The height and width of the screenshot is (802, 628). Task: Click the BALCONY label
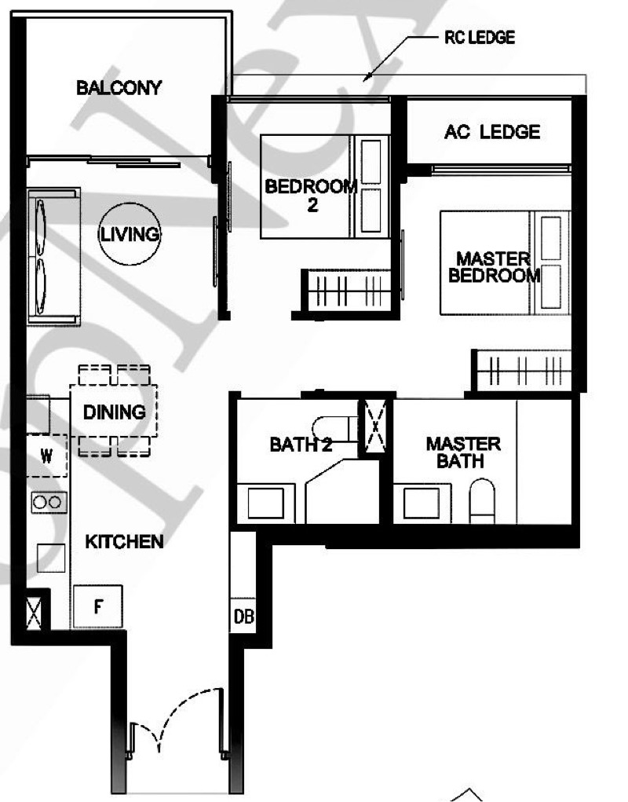point(119,87)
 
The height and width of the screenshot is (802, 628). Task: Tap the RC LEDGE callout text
point(480,38)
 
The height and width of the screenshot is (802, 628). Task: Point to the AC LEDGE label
point(492,132)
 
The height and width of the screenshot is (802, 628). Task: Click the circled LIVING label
point(130,234)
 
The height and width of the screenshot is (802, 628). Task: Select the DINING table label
point(114,412)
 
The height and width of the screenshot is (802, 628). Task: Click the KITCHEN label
point(124,542)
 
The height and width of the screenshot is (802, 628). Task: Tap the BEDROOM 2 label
point(311,196)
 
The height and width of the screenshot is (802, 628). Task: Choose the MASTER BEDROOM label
point(494,267)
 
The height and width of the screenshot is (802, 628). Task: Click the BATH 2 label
point(301,445)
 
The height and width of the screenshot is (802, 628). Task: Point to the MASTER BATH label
point(463,452)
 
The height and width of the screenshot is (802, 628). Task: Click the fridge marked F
point(98,606)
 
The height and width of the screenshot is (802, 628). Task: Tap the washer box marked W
point(46,456)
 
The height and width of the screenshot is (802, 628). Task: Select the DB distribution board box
point(243,616)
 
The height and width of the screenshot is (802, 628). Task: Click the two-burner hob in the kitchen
point(49,502)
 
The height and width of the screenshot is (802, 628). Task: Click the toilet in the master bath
point(482,500)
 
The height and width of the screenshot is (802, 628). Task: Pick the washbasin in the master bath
point(421,504)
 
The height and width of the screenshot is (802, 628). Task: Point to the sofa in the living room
point(53,257)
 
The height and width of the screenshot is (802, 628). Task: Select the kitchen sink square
point(51,558)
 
